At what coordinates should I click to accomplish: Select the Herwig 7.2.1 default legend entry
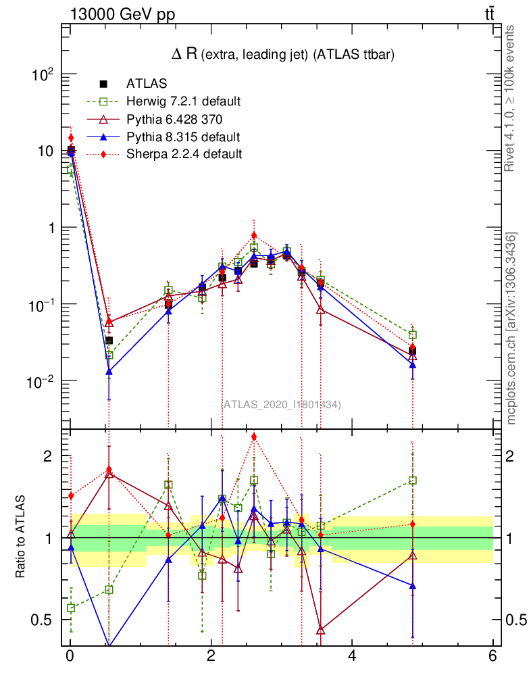[183, 101]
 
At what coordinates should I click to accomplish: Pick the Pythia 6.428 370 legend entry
[174, 119]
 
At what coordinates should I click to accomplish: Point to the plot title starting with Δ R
[282, 55]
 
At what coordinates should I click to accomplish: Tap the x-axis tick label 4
[352, 656]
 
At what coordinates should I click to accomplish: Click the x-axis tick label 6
[492, 656]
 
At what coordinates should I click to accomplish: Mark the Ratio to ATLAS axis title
[22, 537]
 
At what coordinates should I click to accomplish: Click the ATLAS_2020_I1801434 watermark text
[281, 404]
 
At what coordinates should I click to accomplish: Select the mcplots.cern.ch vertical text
[512, 328]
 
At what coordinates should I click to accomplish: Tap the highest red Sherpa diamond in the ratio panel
[253, 437]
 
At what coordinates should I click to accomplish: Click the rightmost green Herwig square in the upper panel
[412, 335]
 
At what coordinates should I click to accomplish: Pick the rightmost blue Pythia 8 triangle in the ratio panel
[412, 585]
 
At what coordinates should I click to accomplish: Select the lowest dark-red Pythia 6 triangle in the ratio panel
[320, 630]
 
